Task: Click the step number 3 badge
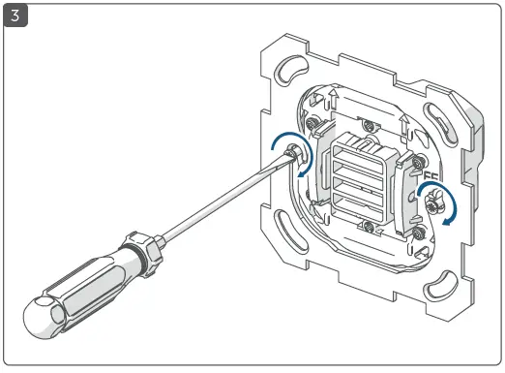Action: click(15, 16)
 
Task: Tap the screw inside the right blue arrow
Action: click(432, 200)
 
